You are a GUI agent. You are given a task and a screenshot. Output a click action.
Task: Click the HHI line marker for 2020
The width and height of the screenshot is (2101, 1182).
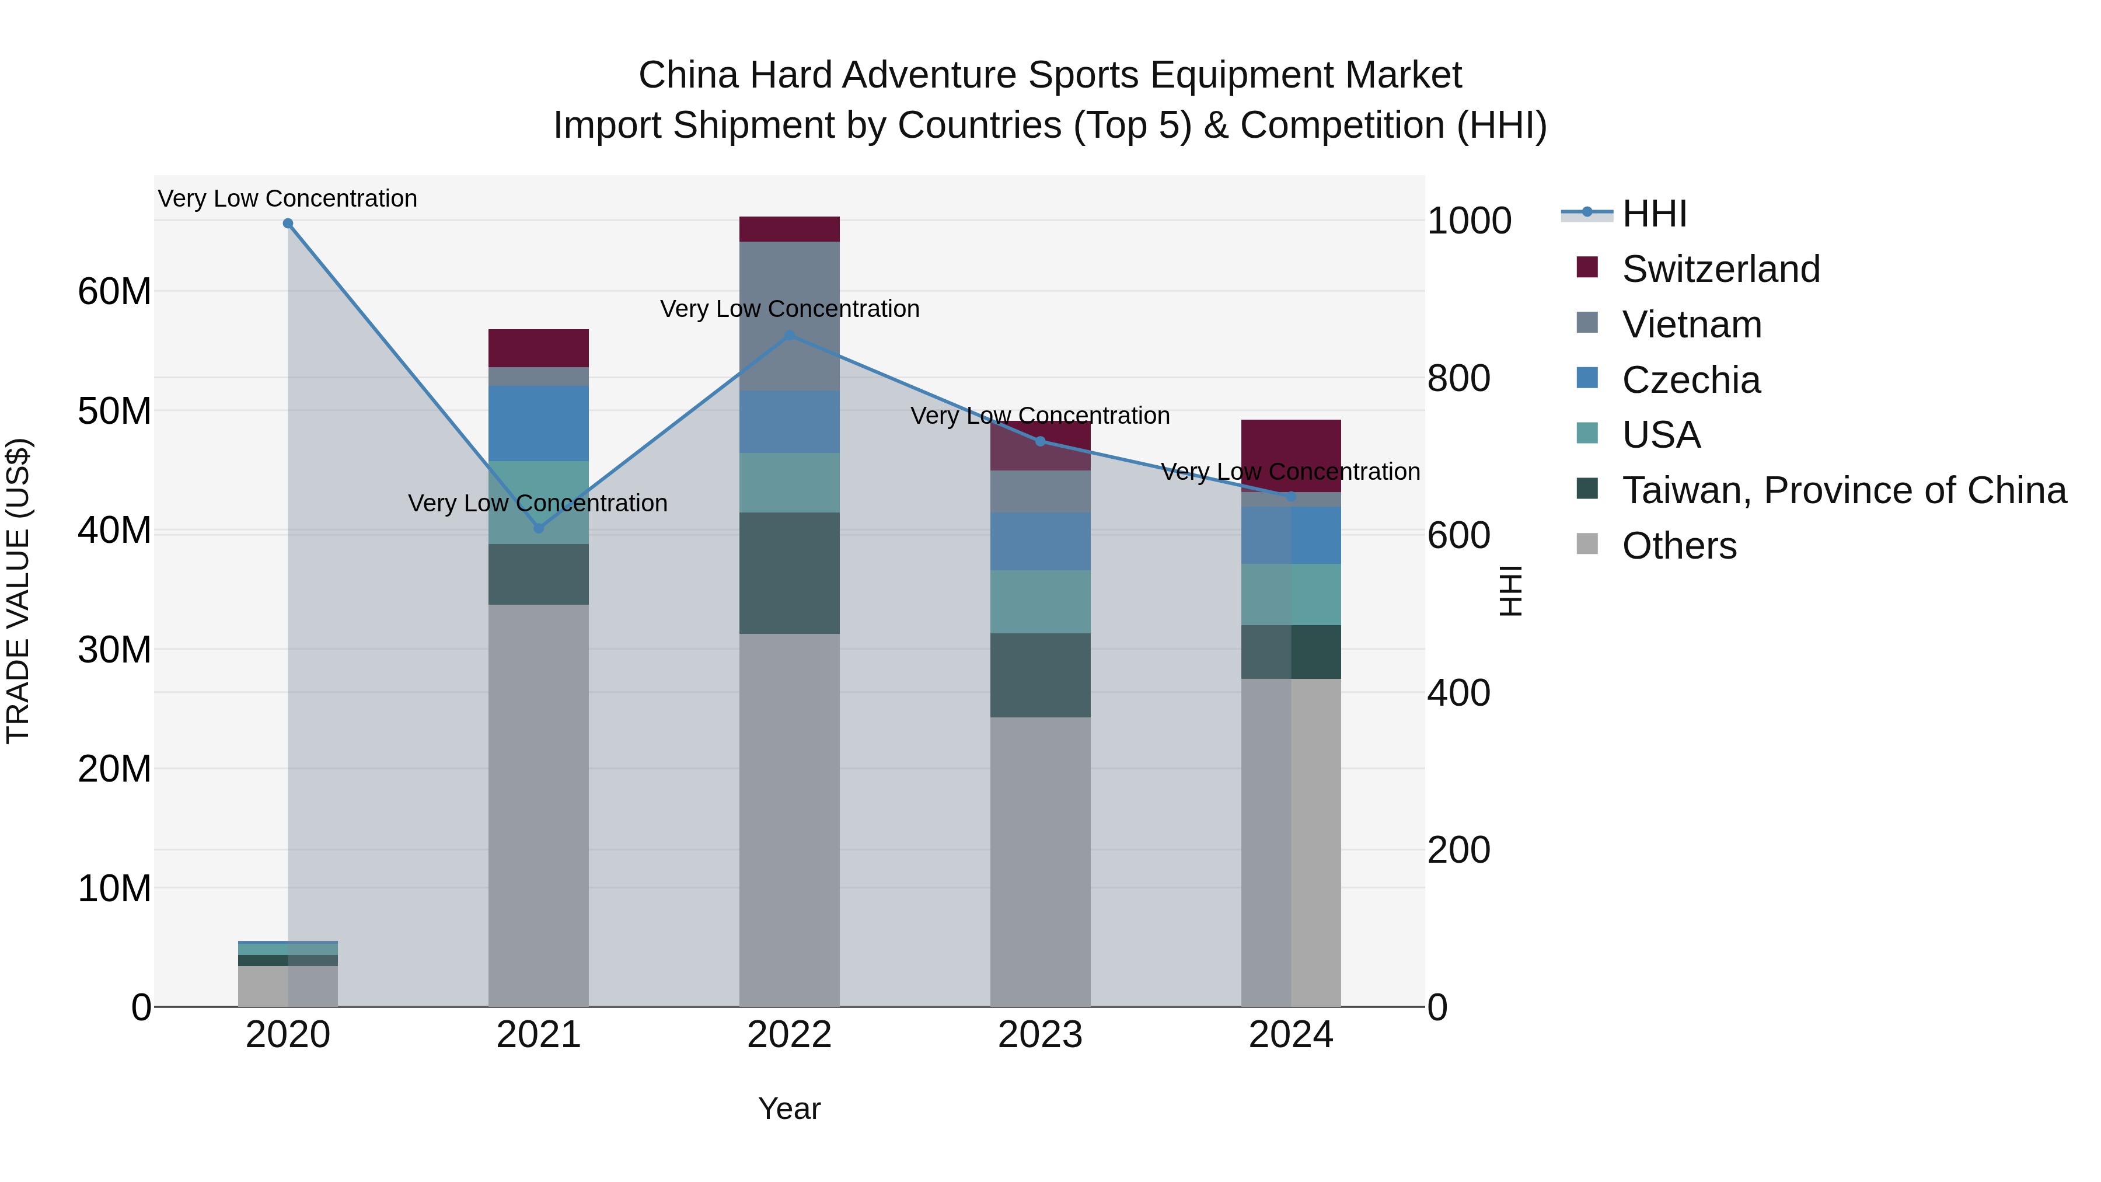point(288,224)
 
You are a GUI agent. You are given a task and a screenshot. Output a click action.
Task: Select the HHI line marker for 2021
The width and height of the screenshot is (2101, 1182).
point(538,529)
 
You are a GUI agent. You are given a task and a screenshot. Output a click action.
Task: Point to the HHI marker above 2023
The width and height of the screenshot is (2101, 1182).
point(1040,441)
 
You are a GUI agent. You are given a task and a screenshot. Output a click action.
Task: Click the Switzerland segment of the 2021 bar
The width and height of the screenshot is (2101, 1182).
point(538,348)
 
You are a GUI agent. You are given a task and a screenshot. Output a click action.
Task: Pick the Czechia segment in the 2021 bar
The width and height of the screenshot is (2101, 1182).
point(538,423)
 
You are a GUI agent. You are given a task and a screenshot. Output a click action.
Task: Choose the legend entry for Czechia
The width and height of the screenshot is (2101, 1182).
point(1690,380)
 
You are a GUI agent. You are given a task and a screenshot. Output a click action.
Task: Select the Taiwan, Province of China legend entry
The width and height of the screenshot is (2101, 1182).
point(1843,490)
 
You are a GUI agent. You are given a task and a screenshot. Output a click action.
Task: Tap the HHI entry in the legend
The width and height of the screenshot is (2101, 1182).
point(1653,214)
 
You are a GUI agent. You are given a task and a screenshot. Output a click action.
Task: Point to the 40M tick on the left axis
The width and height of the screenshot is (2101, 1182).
point(114,530)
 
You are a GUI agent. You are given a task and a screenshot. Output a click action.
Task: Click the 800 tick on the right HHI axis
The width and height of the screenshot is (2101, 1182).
point(1459,378)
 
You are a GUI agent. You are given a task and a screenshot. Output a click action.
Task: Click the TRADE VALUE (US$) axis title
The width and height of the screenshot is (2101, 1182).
point(18,591)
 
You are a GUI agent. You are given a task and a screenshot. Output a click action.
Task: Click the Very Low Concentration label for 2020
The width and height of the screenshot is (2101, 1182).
point(287,198)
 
